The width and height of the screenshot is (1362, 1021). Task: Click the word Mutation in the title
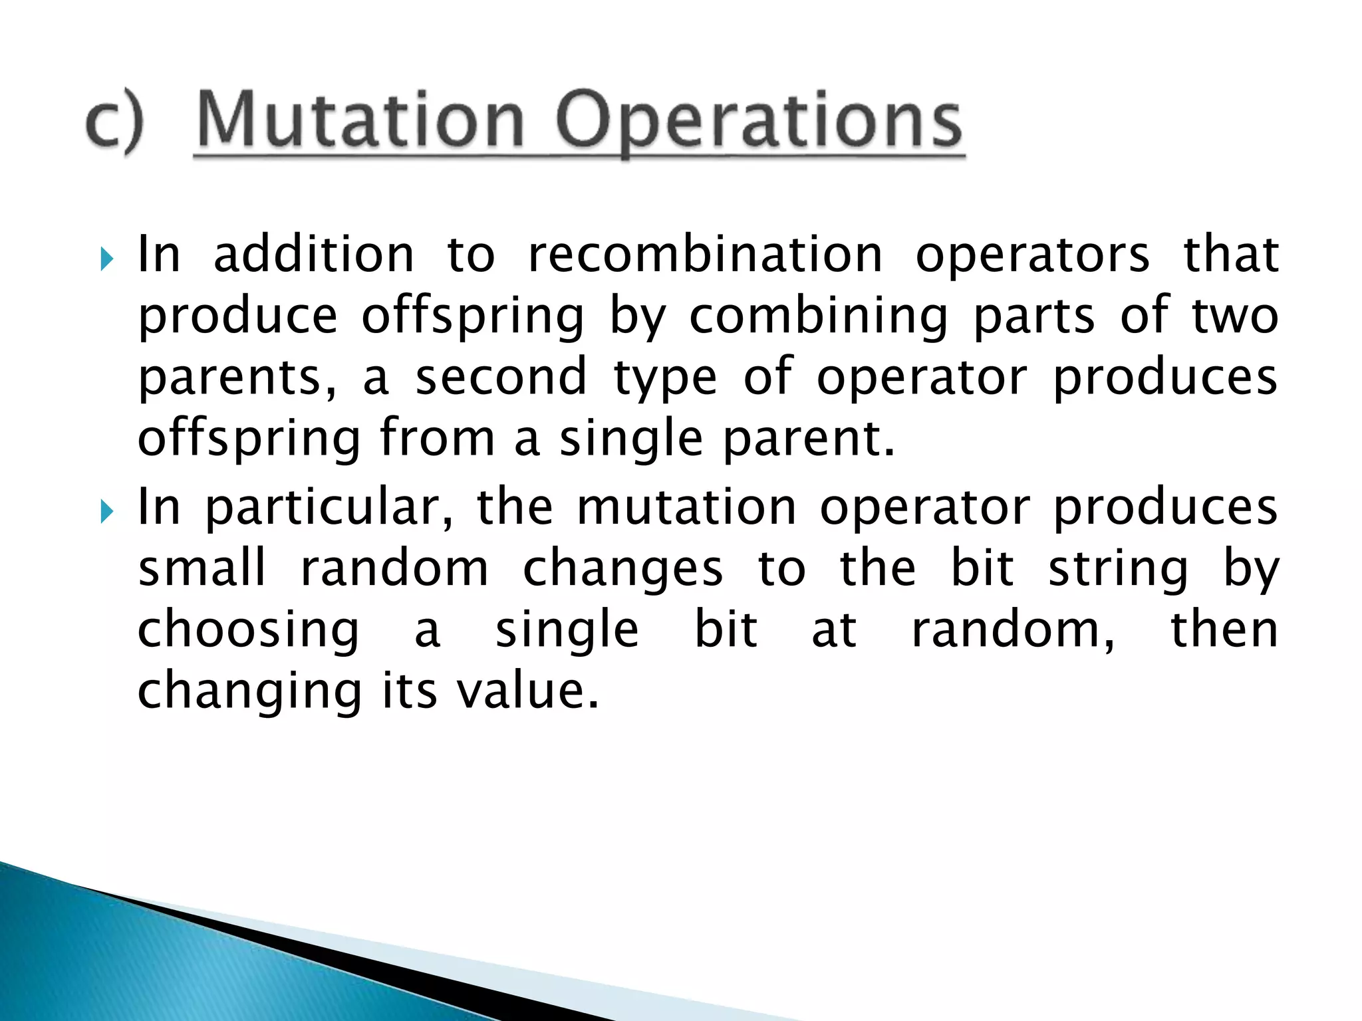pos(361,121)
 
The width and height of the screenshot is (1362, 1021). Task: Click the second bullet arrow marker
pos(106,511)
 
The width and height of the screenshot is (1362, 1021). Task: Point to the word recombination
pos(705,255)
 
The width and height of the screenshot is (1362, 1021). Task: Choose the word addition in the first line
pos(313,255)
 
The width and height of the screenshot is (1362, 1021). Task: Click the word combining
pos(818,318)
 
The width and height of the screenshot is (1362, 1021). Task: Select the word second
pos(501,376)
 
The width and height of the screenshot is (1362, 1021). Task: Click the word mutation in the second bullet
pos(686,507)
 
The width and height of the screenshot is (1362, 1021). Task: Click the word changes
pos(622,570)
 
